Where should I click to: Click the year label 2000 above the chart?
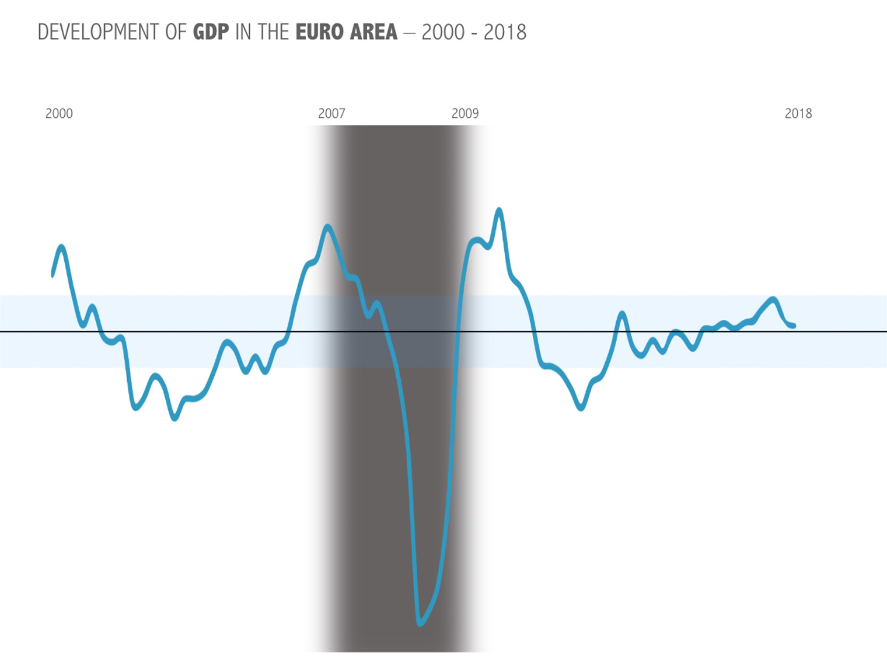59,113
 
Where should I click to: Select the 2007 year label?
331,113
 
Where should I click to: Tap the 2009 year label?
465,113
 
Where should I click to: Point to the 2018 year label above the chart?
798,113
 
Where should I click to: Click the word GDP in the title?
211,32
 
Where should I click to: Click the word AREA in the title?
373,32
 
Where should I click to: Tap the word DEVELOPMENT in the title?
99,32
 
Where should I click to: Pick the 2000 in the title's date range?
443,32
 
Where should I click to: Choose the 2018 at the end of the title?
505,32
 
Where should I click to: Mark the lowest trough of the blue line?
420,623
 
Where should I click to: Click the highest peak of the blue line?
499,210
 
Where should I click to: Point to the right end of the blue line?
794,326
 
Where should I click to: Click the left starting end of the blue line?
53,275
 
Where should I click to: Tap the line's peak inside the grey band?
328,226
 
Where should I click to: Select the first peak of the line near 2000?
61,247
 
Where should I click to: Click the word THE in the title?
274,32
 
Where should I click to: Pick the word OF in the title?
176,32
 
